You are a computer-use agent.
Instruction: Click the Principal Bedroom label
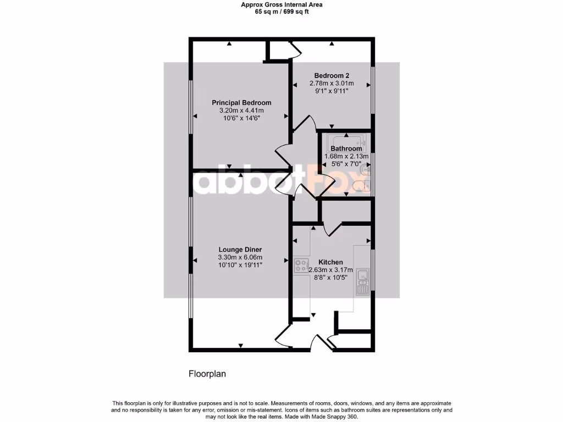click(x=241, y=103)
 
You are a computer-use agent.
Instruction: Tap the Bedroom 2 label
click(x=332, y=75)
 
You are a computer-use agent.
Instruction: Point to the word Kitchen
click(x=331, y=262)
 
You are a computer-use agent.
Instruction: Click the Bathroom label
click(x=346, y=148)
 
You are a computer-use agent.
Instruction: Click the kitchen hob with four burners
click(x=301, y=266)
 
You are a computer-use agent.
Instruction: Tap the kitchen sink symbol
click(x=362, y=281)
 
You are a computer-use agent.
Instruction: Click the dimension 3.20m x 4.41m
click(x=241, y=110)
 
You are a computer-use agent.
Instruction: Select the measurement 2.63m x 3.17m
click(x=331, y=270)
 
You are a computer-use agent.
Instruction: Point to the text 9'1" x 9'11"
click(x=332, y=91)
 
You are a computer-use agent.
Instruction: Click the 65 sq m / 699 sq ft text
click(x=281, y=12)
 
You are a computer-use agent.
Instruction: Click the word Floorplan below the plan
click(x=207, y=374)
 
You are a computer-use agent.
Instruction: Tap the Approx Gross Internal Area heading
click(x=281, y=4)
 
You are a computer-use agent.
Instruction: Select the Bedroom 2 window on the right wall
click(x=373, y=91)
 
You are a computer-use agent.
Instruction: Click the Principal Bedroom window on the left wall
click(x=191, y=107)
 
